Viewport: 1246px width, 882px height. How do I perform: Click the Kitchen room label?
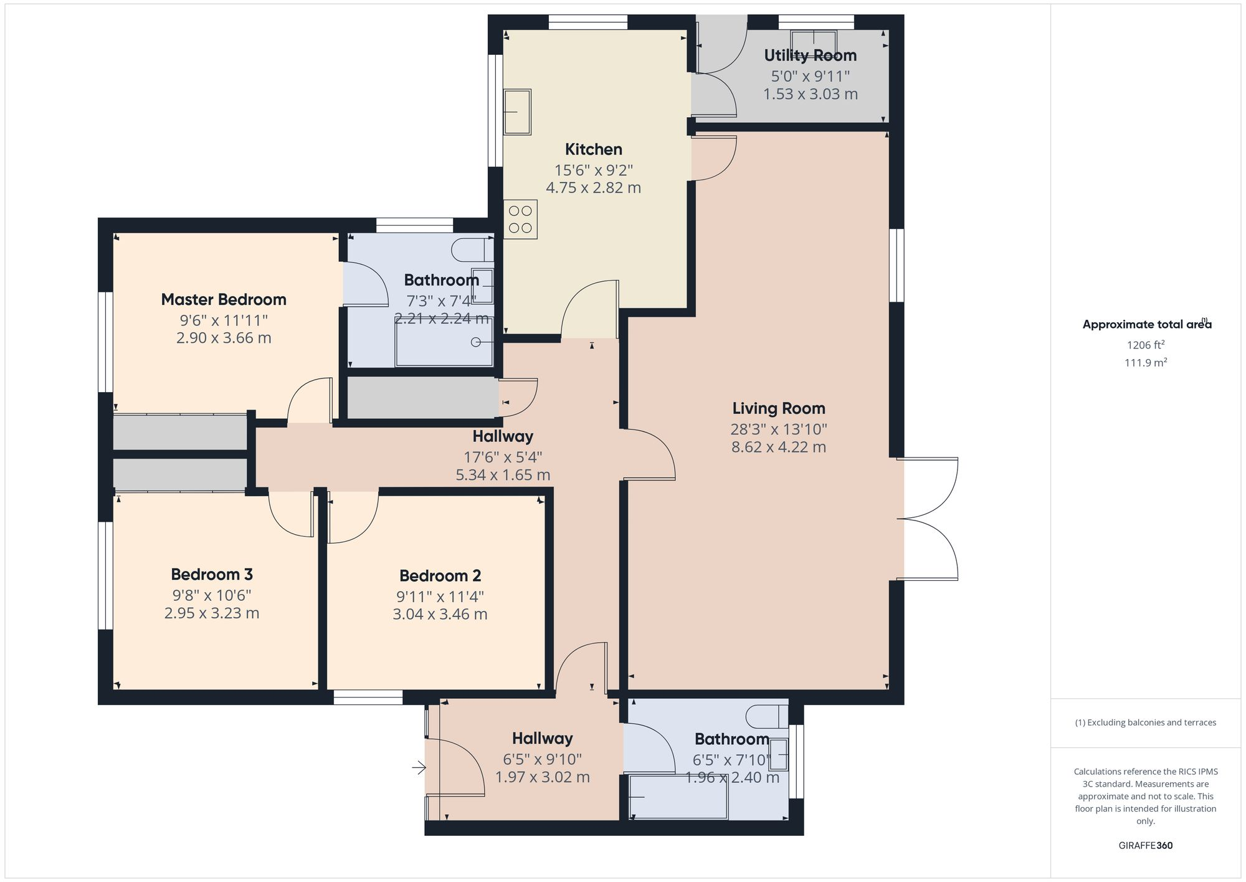coord(593,150)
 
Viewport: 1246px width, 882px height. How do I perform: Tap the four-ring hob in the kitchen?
coord(520,219)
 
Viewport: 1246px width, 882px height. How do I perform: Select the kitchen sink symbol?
coord(517,112)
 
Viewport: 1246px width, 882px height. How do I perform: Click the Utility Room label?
coord(810,55)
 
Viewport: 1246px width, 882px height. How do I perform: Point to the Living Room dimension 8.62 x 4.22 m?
coord(778,447)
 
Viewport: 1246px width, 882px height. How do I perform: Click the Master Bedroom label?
coord(224,300)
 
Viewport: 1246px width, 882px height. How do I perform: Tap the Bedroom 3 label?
coord(212,574)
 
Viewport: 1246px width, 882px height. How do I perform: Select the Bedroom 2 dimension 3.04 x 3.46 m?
coord(440,614)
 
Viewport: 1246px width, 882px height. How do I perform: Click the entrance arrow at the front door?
coord(419,768)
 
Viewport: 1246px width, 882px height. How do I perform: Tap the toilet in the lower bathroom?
coord(768,717)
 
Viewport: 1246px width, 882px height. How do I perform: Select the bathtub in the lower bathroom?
coord(678,797)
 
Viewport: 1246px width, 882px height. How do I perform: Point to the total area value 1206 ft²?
coord(1145,345)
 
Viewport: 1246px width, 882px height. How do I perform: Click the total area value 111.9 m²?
coord(1145,363)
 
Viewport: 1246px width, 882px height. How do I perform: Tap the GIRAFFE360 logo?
coord(1145,846)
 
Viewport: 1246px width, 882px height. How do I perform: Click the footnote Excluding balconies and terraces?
coord(1145,723)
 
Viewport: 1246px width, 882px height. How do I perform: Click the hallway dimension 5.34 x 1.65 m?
coord(503,475)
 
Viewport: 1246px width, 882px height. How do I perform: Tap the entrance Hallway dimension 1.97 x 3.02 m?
coord(542,777)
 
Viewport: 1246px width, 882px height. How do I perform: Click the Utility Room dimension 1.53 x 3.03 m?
coord(810,94)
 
